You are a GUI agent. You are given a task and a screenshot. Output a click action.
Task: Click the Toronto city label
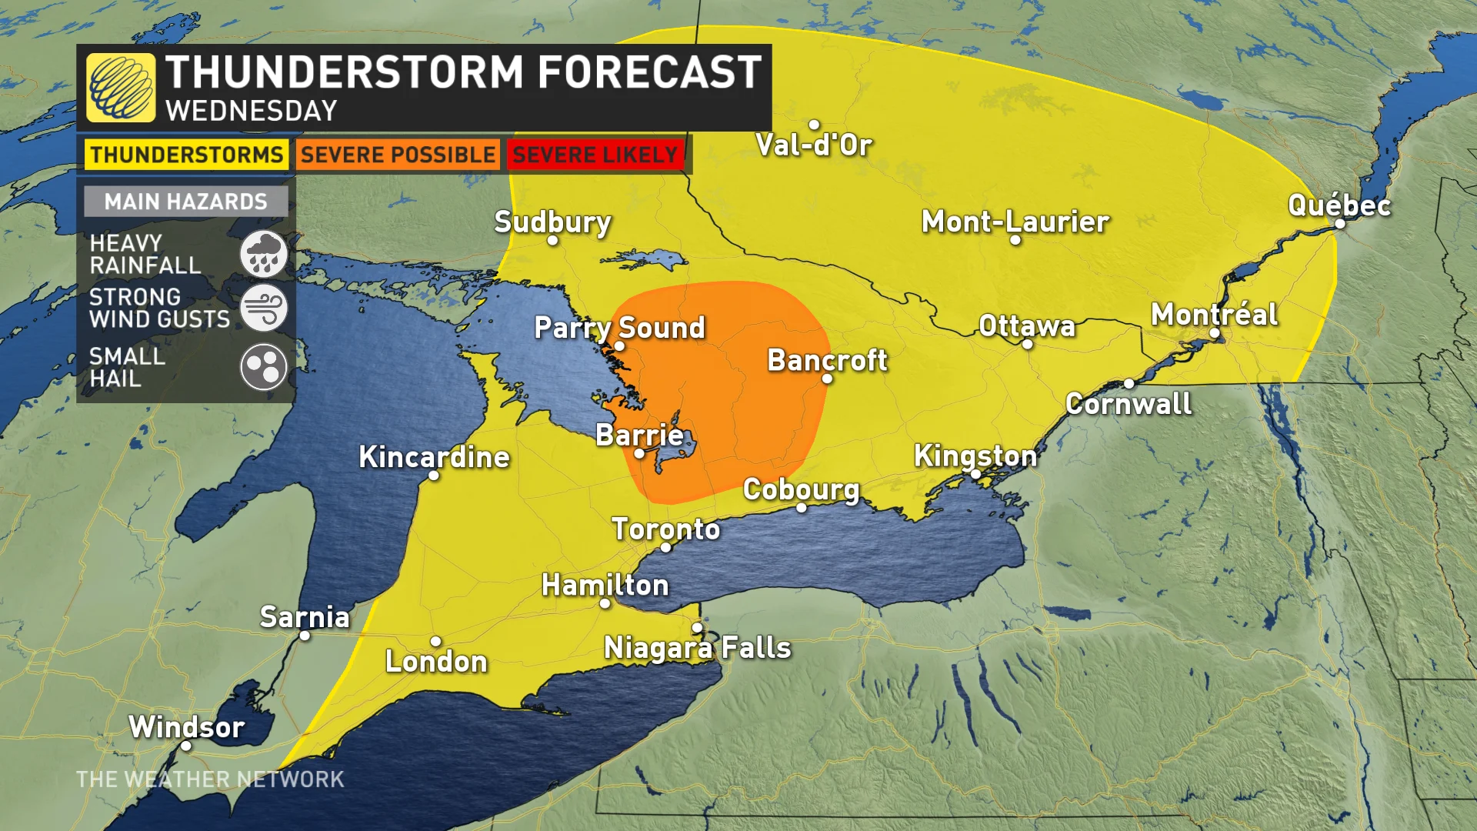click(665, 529)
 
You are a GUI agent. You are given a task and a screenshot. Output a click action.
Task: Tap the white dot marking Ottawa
click(1027, 344)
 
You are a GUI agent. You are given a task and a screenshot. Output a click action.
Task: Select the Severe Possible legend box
click(398, 155)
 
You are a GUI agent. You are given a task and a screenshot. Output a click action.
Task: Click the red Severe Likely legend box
click(595, 155)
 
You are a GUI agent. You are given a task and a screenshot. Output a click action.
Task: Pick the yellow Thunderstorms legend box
click(186, 155)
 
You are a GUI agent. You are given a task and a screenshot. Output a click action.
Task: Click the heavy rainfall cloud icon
click(263, 254)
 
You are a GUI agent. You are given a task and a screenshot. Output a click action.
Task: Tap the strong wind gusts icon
click(263, 308)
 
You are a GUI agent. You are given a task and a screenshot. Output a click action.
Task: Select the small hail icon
click(263, 367)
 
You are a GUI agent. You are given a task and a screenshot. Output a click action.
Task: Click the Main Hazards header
click(185, 202)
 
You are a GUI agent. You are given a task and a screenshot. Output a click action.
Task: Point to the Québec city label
click(1339, 205)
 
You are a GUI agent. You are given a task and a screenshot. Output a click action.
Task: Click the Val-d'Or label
click(813, 145)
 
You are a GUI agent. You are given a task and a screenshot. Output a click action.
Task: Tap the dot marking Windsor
click(186, 746)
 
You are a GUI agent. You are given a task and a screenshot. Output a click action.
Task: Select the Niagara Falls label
click(697, 648)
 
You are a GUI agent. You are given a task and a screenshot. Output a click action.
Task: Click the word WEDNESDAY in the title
click(252, 111)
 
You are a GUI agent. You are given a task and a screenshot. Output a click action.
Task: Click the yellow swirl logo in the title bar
click(121, 88)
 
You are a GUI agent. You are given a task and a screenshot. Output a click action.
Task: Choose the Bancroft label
click(827, 360)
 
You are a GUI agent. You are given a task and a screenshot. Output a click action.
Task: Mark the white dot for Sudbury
click(552, 241)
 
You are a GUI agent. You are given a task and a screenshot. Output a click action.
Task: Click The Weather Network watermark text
click(210, 779)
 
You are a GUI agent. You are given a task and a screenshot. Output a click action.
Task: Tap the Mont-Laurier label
click(1015, 222)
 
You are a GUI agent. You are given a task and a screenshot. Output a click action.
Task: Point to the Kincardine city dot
click(434, 476)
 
